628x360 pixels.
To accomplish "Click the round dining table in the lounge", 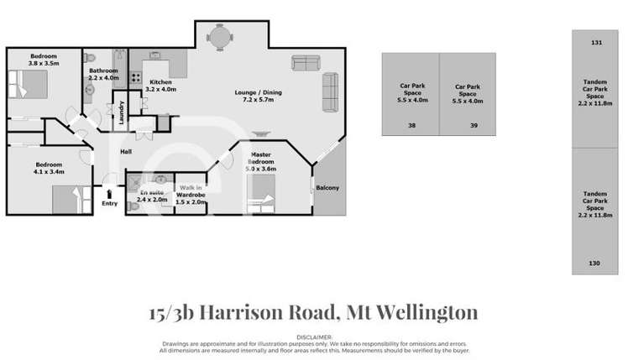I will (219, 36).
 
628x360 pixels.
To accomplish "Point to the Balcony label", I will (327, 188).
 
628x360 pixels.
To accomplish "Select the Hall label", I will (126, 151).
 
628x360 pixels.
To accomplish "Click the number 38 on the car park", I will (411, 125).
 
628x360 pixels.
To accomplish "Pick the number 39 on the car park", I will (474, 125).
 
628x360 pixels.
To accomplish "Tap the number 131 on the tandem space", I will (597, 42).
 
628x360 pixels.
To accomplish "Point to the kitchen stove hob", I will (133, 76).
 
